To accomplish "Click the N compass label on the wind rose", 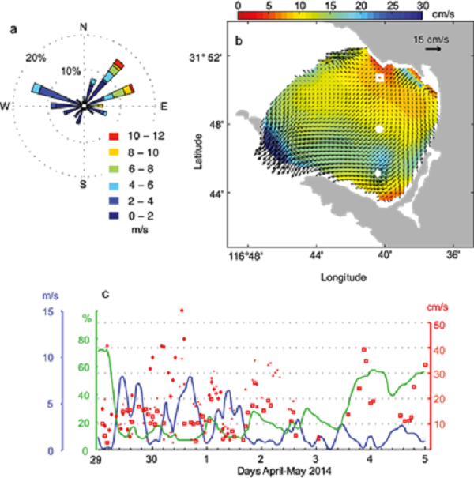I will (84, 28).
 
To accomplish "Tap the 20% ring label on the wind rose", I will (34, 58).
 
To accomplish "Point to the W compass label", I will (6, 106).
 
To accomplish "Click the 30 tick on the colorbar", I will (423, 5).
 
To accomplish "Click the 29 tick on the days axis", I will (96, 460).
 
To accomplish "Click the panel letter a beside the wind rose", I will (14, 30).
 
